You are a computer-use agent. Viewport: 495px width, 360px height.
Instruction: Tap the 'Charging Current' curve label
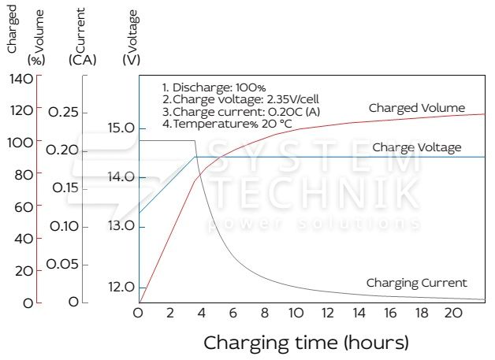pyautogui.click(x=416, y=283)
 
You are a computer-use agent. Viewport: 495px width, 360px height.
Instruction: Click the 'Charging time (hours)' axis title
pyautogui.click(x=307, y=343)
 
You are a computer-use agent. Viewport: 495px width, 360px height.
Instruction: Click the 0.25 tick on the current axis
pyautogui.click(x=63, y=113)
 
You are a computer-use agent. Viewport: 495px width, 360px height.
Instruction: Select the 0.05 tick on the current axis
pyautogui.click(x=63, y=264)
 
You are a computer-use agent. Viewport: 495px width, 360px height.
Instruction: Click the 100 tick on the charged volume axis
pyautogui.click(x=21, y=143)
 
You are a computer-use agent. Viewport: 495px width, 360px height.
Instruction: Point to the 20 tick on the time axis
pyautogui.click(x=452, y=313)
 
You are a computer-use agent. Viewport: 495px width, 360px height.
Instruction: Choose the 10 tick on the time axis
pyautogui.click(x=296, y=313)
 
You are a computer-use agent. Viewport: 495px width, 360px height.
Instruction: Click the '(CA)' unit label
pyautogui.click(x=83, y=60)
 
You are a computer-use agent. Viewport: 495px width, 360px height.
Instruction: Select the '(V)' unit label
pyautogui.click(x=132, y=60)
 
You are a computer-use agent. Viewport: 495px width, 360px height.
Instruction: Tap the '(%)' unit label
pyautogui.click(x=36, y=60)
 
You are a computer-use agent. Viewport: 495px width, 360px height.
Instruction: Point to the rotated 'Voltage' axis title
pyautogui.click(x=132, y=27)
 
